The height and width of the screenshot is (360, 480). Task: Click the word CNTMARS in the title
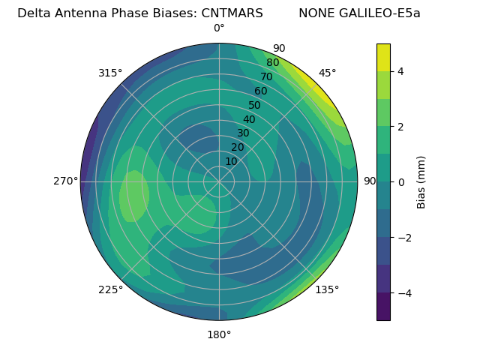point(232,13)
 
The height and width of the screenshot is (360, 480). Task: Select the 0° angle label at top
point(219,28)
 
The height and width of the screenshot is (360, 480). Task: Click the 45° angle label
point(328,73)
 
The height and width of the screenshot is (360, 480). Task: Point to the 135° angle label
point(327,289)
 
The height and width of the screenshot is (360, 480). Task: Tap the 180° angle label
point(219,334)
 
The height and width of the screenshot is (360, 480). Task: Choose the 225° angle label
point(110,289)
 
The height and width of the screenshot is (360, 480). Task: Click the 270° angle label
point(66,181)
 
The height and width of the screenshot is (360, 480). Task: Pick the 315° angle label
point(110,73)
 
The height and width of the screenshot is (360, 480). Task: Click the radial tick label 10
point(231,161)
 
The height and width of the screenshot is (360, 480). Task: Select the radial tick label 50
point(254,105)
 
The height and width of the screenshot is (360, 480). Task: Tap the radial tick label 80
point(272,63)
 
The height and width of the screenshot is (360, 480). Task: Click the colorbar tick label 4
point(400,71)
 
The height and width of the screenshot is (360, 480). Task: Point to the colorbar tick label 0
point(400,181)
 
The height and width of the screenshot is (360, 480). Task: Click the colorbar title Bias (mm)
point(421,181)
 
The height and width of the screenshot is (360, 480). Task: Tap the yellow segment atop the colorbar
point(383,57)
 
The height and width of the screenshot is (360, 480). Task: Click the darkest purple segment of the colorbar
point(383,306)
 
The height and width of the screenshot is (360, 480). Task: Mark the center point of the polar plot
point(219,181)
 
